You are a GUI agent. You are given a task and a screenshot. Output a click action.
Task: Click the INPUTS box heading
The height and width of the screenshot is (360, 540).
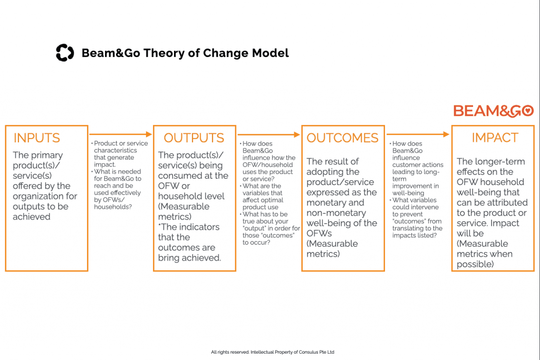click(x=37, y=138)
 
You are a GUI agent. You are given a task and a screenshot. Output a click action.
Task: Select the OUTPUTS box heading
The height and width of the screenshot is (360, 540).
click(x=194, y=138)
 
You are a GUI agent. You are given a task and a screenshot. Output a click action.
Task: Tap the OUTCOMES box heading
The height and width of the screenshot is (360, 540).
click(x=342, y=138)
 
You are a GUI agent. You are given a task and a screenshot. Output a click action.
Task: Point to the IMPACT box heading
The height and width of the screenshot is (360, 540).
click(x=495, y=138)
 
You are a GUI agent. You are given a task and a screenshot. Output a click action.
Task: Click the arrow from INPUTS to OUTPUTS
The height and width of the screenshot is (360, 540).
click(x=121, y=134)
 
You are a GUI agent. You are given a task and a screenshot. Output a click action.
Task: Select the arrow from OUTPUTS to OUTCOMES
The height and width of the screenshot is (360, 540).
click(x=268, y=134)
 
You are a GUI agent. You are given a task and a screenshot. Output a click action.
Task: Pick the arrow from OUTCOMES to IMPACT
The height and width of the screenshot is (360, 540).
click(x=418, y=134)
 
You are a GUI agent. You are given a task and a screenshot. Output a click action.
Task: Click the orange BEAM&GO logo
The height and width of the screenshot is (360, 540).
click(x=494, y=111)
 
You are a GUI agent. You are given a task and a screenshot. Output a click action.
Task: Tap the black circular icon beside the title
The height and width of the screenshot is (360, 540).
click(x=65, y=53)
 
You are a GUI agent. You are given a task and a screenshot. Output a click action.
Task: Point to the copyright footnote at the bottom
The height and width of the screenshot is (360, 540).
click(x=273, y=352)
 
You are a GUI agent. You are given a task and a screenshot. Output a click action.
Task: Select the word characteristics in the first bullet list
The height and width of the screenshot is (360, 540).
click(x=115, y=150)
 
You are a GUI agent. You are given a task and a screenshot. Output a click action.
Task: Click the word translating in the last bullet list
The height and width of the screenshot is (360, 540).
click(x=410, y=228)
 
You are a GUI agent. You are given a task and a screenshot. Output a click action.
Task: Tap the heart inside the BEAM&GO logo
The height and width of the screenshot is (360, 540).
click(x=527, y=111)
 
